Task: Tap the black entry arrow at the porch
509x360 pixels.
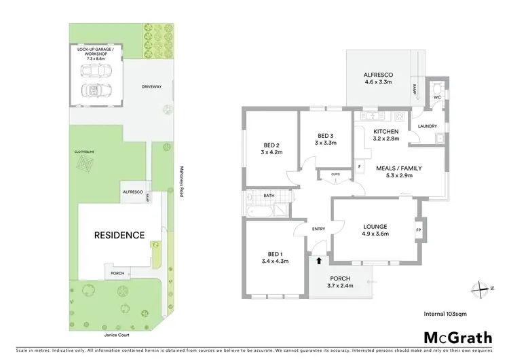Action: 318,260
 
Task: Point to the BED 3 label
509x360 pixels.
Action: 325,139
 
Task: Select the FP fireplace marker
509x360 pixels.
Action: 419,229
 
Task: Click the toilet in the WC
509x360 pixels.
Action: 437,89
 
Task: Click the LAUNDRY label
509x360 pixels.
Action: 427,126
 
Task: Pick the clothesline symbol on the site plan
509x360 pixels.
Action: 86,164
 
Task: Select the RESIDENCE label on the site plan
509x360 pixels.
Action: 119,235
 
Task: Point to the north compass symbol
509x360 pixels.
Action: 483,287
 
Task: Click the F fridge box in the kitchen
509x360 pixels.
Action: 359,166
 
